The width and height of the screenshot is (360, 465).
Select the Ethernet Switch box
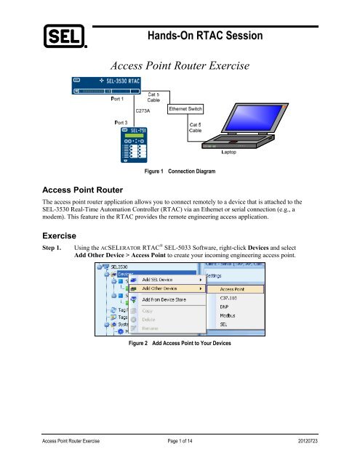185,109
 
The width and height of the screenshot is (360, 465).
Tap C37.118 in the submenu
221,300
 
